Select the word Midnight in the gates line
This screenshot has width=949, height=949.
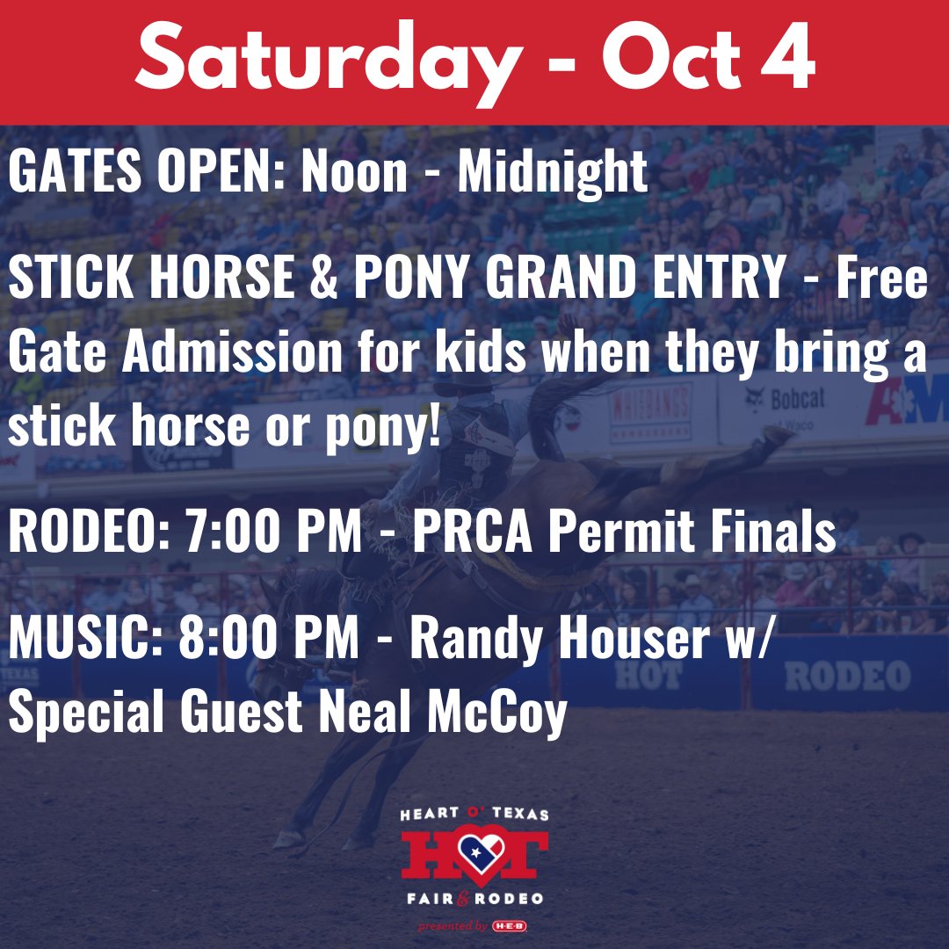point(553,173)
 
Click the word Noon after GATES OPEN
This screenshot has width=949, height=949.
point(354,173)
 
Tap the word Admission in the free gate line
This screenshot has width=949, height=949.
point(232,352)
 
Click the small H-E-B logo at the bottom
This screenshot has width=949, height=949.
point(510,926)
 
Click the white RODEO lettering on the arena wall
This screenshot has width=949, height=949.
point(835,676)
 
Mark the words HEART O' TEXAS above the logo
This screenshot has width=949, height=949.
point(474,815)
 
